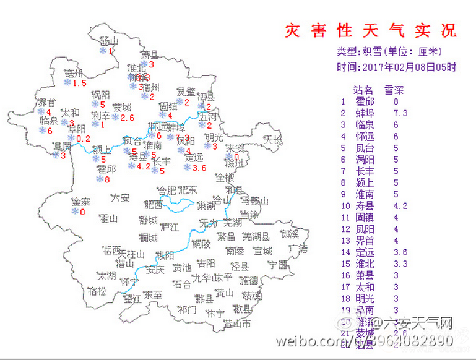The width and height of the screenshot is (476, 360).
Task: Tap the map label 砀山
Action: [x=108, y=41]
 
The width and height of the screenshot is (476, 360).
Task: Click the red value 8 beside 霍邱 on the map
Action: [x=107, y=179]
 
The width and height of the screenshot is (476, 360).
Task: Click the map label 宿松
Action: [x=97, y=290]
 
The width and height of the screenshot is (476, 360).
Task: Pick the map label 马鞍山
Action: [x=254, y=200]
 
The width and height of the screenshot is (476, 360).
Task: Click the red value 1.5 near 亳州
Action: [x=79, y=83]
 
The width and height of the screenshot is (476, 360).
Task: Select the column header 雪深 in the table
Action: [x=394, y=89]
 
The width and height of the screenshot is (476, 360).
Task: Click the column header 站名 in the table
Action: [x=363, y=89]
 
